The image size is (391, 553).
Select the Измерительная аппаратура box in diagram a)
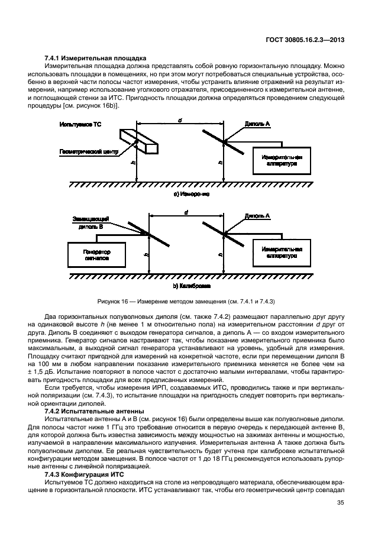coord(281,160)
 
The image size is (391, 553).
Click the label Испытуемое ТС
coord(79,125)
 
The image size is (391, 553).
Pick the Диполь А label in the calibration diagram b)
coord(257,216)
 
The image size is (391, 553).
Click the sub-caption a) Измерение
coord(191,193)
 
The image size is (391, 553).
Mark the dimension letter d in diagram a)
coord(180,120)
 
